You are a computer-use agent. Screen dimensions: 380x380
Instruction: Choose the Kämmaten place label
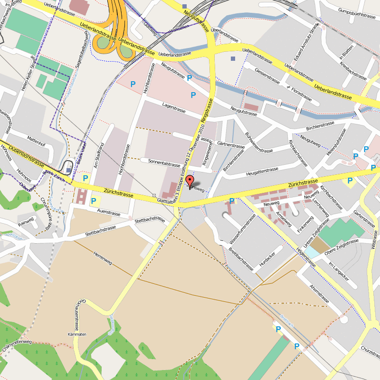coord(77,334)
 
